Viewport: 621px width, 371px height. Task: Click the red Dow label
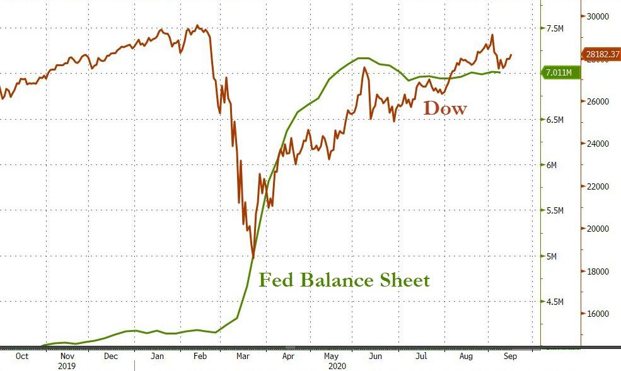point(445,108)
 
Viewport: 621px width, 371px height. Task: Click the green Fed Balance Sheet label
point(344,280)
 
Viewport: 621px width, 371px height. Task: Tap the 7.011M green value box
point(559,73)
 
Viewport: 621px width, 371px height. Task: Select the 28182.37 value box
point(600,55)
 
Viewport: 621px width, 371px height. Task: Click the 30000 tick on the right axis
point(599,16)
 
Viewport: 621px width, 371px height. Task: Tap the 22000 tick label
point(599,186)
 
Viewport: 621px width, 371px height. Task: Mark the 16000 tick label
point(599,314)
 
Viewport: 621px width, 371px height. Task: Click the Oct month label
point(22,356)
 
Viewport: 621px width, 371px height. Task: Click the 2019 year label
point(67,365)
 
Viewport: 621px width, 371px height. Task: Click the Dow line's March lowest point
point(253,256)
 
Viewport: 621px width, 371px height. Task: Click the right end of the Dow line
point(511,55)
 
